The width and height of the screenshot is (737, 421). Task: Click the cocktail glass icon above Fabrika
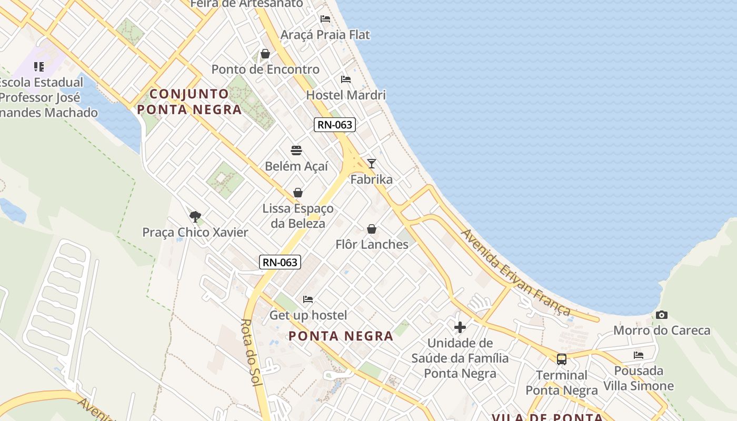[372, 163]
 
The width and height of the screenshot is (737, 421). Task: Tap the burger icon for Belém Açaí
[296, 151]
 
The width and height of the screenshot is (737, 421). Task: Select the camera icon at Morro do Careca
[662, 315]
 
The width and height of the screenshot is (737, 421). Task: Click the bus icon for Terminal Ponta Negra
[562, 359]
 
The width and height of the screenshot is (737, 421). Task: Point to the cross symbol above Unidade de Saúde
[460, 327]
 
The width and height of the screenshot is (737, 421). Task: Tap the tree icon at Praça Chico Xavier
[195, 216]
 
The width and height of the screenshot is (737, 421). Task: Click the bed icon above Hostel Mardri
[346, 79]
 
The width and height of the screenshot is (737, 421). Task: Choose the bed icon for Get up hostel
[308, 299]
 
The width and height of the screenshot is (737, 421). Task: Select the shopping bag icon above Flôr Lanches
[372, 229]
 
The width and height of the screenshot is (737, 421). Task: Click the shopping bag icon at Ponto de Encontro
[265, 54]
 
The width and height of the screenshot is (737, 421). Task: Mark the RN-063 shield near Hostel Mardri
[335, 125]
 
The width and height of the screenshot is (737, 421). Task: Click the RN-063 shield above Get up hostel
[280, 262]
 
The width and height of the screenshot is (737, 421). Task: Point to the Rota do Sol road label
[252, 353]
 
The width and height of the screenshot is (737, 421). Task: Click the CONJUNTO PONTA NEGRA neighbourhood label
[190, 102]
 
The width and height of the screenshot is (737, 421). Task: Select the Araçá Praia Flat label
[325, 35]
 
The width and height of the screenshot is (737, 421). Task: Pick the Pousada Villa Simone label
[639, 378]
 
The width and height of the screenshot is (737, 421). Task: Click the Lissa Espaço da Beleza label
[298, 216]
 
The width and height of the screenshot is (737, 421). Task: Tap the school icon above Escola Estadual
[39, 67]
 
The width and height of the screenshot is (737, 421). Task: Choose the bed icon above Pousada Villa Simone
[639, 355]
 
